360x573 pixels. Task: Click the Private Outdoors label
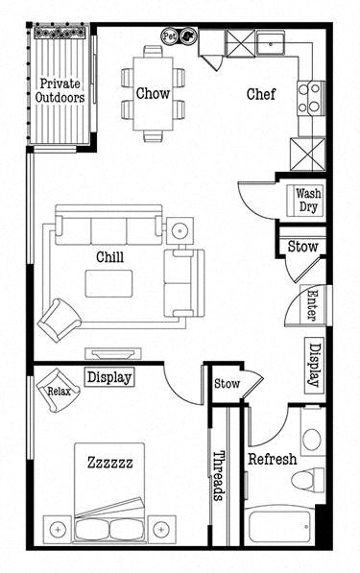coord(60,89)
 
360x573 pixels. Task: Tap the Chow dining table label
coord(153,93)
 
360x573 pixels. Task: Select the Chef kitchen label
coord(262,94)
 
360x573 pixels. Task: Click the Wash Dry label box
coord(308,200)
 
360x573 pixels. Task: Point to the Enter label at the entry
coord(312,306)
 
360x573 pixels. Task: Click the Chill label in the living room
coord(108,257)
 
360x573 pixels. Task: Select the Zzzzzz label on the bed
coord(109,463)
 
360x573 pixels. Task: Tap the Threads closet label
coord(219,475)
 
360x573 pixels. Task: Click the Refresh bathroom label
coord(271,459)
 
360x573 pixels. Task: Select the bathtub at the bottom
coord(280,528)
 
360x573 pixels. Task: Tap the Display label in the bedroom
coord(108,377)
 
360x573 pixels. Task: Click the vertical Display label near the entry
coord(313,365)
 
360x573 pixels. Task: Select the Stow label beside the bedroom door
coord(227,383)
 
